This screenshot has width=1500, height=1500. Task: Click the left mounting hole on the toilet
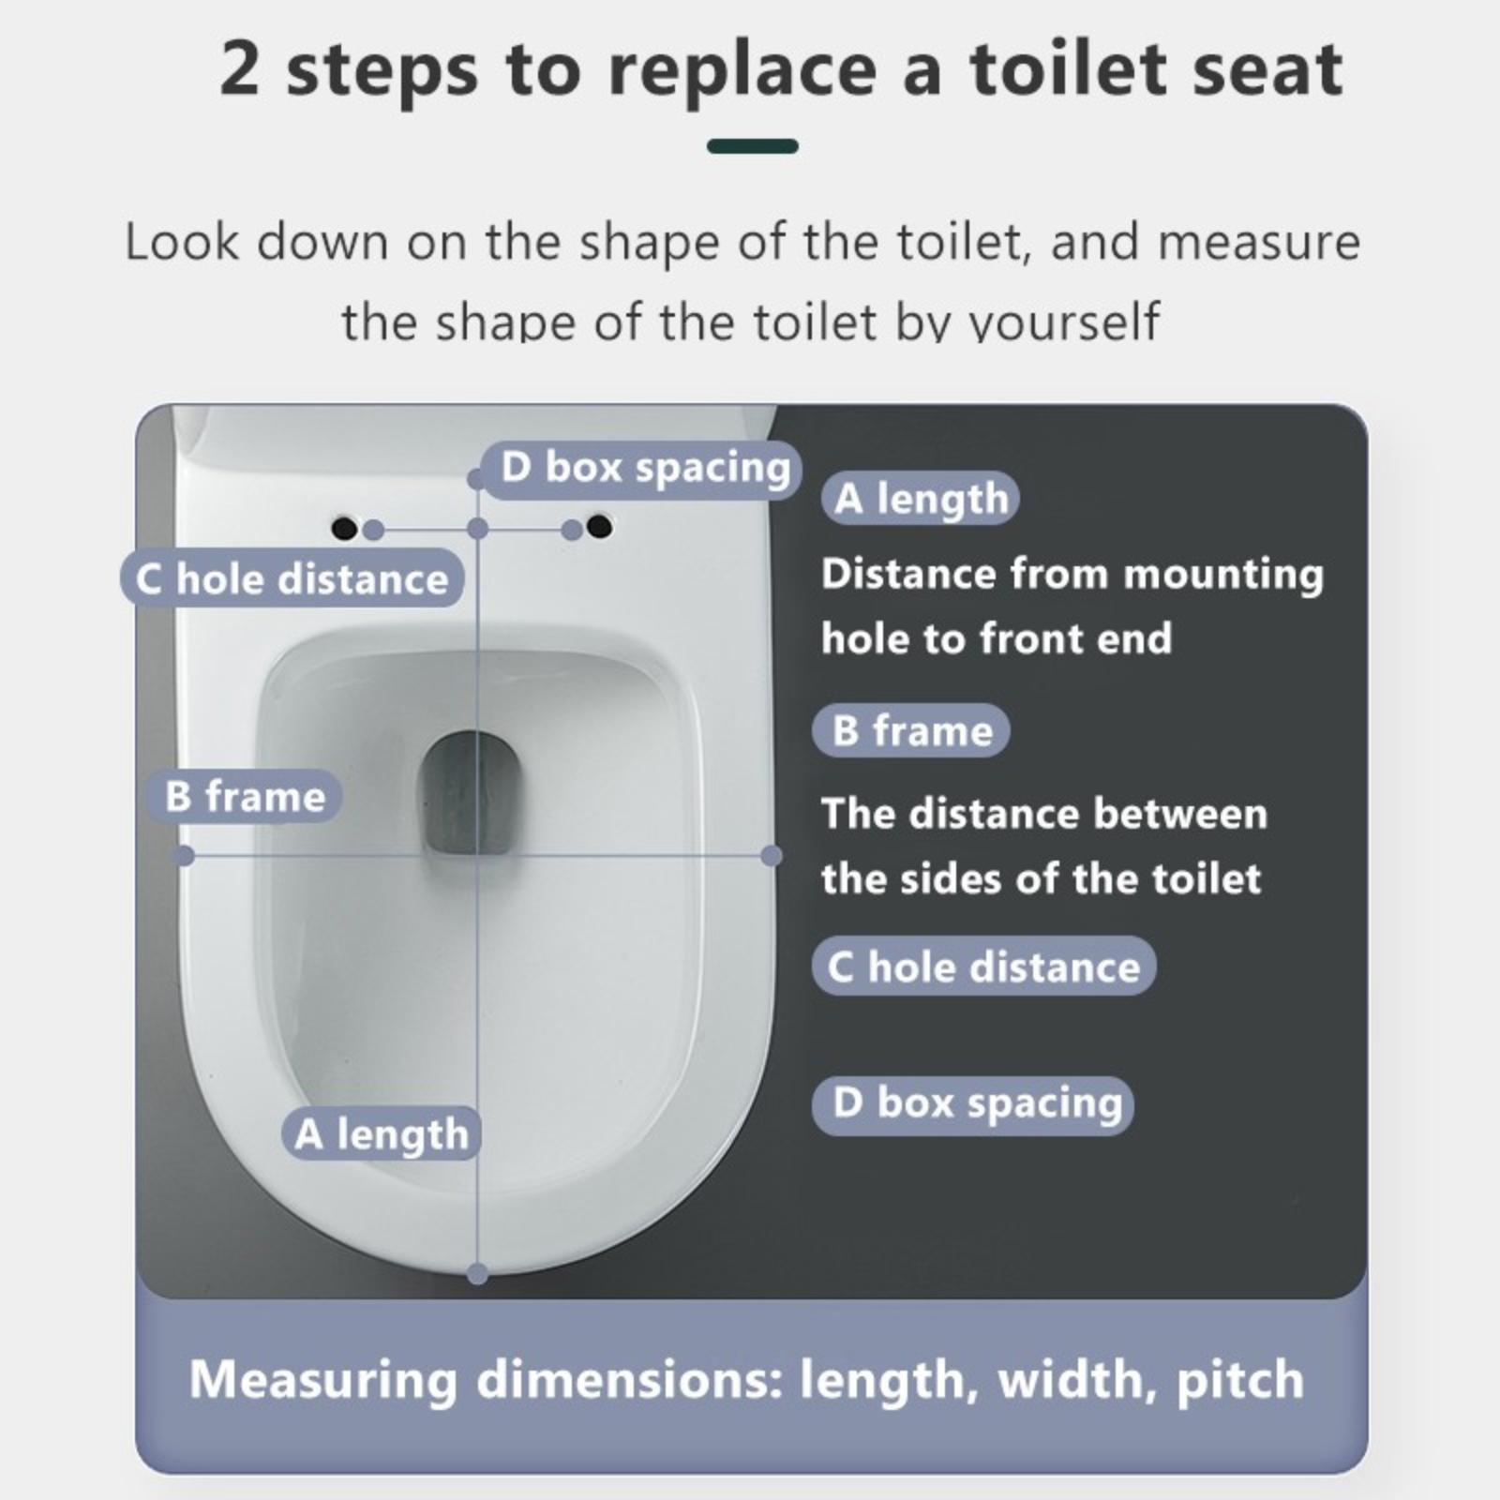(344, 529)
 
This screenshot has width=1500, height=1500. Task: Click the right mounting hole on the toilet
(599, 527)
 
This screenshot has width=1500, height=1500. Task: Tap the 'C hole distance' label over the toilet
(292, 578)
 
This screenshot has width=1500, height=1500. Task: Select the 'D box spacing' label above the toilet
(643, 469)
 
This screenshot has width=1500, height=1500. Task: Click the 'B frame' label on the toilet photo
(245, 797)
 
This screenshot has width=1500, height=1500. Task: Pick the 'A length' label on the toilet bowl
(381, 1134)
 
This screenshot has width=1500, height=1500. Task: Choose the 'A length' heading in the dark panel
(921, 499)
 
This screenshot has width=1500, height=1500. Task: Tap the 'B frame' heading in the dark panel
(911, 730)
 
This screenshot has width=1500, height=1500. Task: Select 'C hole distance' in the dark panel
(984, 966)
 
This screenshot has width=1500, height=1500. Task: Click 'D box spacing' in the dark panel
(973, 1104)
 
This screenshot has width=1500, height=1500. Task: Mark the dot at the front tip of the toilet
(478, 1273)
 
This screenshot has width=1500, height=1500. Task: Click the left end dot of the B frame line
(185, 855)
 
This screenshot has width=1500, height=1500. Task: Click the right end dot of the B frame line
(772, 855)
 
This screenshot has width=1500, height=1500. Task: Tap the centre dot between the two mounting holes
(478, 530)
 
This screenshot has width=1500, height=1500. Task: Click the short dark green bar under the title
(753, 146)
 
